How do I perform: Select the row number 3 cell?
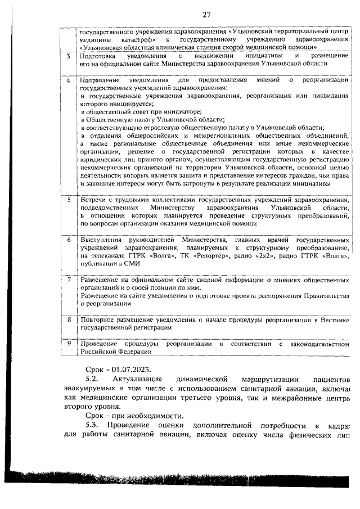point(68,57)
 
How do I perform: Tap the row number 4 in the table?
point(68,81)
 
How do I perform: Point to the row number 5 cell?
point(68,200)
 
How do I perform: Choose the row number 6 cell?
point(68,240)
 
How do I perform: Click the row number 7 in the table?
point(68,280)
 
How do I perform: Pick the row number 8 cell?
point(68,319)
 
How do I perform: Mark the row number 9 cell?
point(68,343)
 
